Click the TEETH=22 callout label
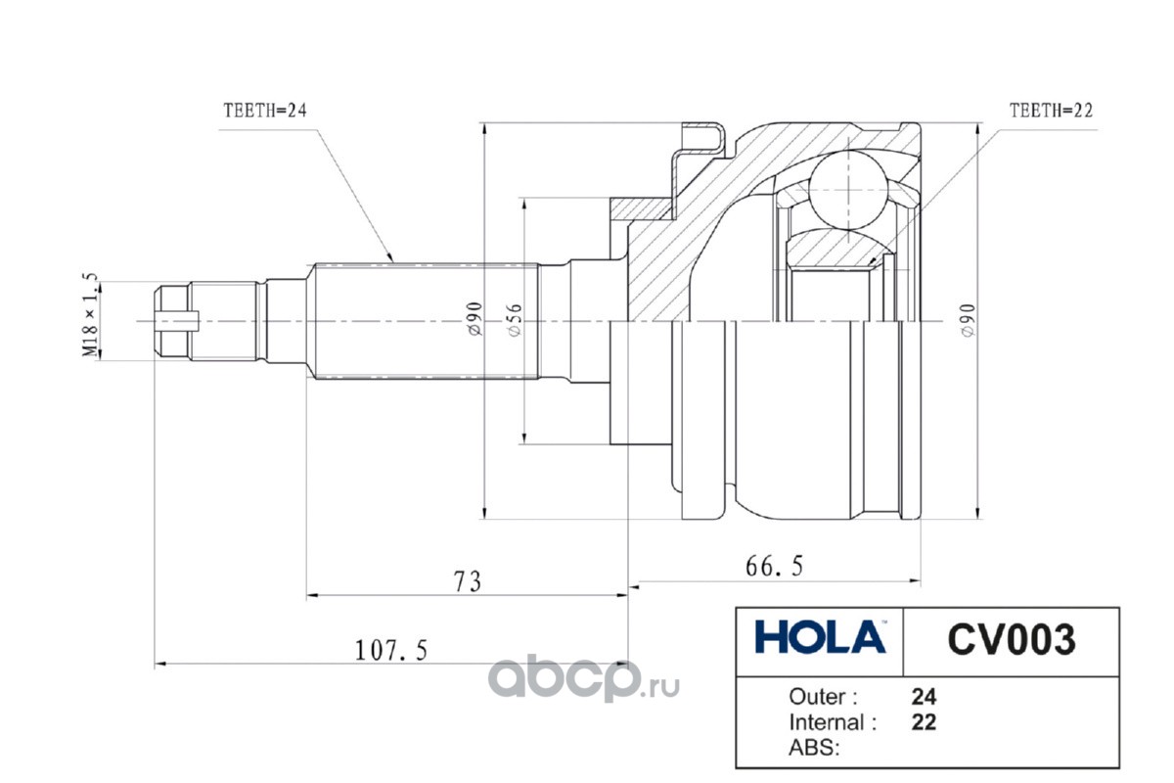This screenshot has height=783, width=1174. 1050,111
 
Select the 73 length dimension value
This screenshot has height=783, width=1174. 468,580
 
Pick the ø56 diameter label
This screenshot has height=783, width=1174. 515,320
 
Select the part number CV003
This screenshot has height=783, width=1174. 1011,640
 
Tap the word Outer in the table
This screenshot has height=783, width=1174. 823,697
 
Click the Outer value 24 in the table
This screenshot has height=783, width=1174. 924,697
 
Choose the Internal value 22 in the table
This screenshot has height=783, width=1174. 924,722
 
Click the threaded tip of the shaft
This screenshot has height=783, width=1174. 177,320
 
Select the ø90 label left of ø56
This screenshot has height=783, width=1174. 473,320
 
